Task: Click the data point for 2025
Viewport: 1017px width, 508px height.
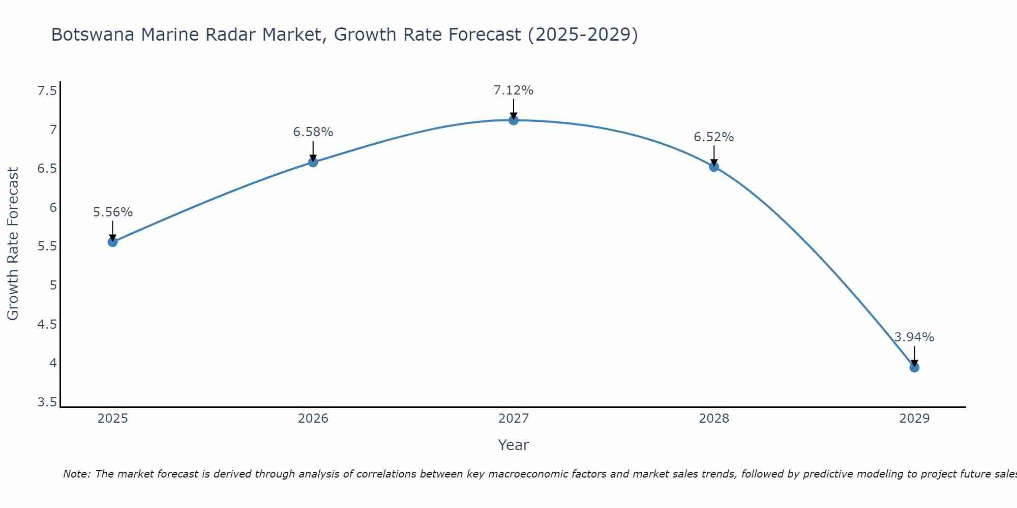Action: (113, 242)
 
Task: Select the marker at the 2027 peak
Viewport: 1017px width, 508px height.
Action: (514, 120)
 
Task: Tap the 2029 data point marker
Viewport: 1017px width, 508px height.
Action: (914, 367)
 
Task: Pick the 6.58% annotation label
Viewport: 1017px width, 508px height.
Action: (313, 132)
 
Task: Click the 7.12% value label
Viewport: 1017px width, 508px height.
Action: (514, 90)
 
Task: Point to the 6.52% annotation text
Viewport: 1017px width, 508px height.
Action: (713, 137)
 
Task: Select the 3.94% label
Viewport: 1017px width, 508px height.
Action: (914, 337)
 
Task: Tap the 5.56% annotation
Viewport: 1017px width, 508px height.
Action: (113, 212)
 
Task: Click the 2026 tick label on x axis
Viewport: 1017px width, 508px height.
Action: (313, 419)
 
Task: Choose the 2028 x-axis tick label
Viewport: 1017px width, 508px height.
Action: (713, 419)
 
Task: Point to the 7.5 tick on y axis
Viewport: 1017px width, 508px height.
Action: (47, 91)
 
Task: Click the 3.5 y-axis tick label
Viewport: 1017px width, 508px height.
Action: (47, 403)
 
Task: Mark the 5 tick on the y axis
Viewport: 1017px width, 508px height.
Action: (53, 285)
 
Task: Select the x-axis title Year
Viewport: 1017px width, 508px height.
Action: (513, 445)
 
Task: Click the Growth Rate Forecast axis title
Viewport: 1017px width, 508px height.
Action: (13, 243)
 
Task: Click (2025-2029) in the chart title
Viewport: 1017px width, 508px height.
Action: (583, 35)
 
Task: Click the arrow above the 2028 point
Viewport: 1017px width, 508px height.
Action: (714, 155)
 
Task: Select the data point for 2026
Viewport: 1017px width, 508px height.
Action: (313, 162)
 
